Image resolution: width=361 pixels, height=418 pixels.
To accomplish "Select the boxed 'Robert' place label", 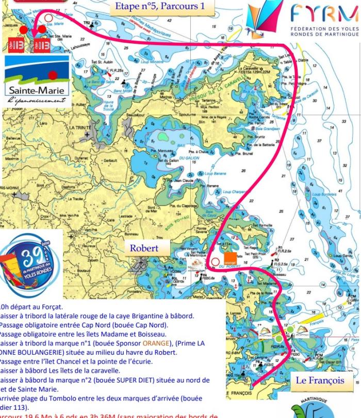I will tap(144, 248).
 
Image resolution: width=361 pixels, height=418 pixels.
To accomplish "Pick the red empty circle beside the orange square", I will tap(215, 262).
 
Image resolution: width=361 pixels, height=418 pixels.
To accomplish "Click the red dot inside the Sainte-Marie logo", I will tap(52, 75).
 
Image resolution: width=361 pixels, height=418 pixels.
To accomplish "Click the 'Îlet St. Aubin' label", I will tap(101, 62).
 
